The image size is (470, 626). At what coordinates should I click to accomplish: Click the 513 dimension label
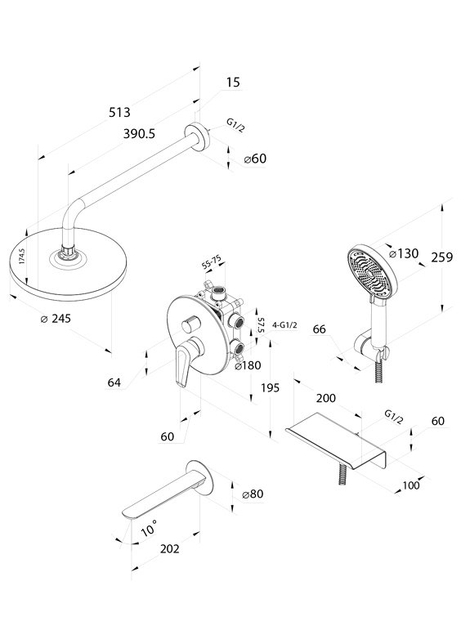pyautogui.click(x=119, y=112)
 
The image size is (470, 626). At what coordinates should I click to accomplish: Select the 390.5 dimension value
pyautogui.click(x=139, y=133)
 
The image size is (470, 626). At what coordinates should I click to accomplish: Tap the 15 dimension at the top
pyautogui.click(x=233, y=82)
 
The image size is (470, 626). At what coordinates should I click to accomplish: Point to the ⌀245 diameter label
pyautogui.click(x=56, y=319)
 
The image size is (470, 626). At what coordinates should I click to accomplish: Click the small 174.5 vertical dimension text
pyautogui.click(x=22, y=256)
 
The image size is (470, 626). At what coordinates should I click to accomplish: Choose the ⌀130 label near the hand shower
pyautogui.click(x=403, y=253)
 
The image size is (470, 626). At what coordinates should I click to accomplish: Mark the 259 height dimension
pyautogui.click(x=441, y=257)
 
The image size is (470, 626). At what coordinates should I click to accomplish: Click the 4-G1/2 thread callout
pyautogui.click(x=284, y=325)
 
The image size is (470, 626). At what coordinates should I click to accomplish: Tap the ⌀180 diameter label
pyautogui.click(x=248, y=365)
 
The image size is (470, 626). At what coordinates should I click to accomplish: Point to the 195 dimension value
pyautogui.click(x=270, y=387)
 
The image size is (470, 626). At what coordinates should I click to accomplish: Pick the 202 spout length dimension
pyautogui.click(x=170, y=549)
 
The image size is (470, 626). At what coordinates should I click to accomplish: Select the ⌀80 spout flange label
pyautogui.click(x=253, y=494)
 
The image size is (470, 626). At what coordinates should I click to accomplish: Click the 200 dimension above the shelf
pyautogui.click(x=326, y=398)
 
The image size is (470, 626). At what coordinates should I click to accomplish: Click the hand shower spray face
pyautogui.click(x=368, y=274)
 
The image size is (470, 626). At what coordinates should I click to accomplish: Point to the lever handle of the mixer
pyautogui.click(x=183, y=365)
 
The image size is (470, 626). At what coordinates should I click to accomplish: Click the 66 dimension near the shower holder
pyautogui.click(x=319, y=329)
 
